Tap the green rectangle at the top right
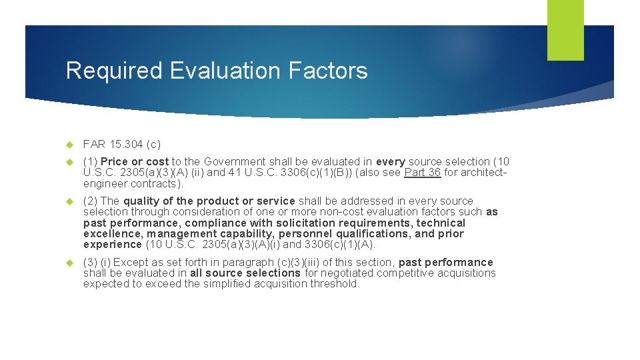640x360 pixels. [x=565, y=30]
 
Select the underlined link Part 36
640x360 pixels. [x=423, y=173]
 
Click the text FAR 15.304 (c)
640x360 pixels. [x=122, y=144]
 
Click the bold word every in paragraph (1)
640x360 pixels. [x=391, y=161]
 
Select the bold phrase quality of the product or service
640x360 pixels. [x=209, y=201]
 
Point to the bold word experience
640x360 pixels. [x=113, y=245]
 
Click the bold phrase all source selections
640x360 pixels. [x=245, y=273]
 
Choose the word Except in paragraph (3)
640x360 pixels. [x=130, y=262]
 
